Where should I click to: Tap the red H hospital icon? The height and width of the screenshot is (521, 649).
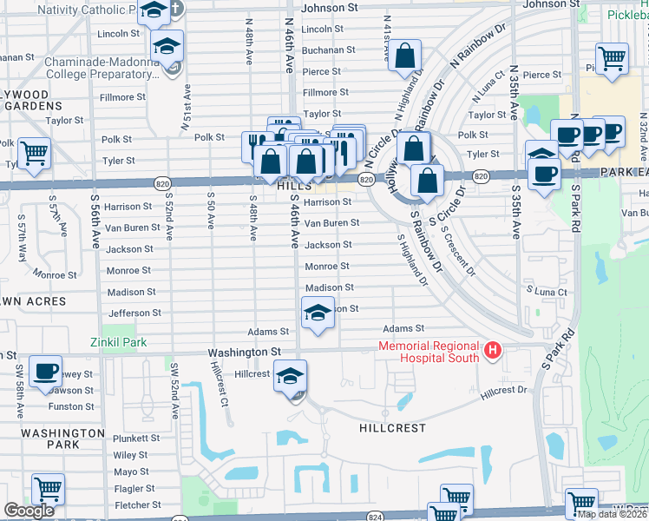(493, 350)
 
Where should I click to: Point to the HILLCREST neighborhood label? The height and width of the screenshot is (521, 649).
(393, 429)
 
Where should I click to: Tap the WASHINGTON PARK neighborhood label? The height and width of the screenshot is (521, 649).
(62, 439)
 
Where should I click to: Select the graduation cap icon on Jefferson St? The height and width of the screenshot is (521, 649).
(318, 312)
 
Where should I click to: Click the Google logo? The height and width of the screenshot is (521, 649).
(29, 511)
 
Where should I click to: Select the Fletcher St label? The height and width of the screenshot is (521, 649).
(138, 505)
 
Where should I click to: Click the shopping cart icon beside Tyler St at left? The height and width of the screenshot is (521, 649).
(34, 153)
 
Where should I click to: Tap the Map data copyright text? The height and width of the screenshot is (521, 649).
(611, 514)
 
